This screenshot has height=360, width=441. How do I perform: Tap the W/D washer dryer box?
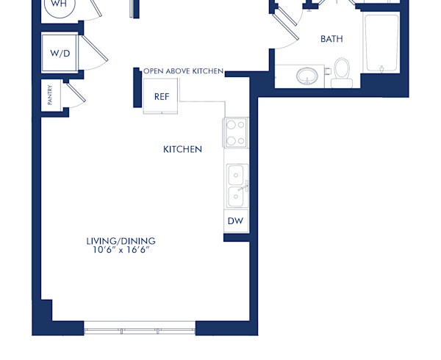59,54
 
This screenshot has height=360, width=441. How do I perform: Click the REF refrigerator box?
162,96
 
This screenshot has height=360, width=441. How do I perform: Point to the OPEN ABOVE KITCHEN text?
183,71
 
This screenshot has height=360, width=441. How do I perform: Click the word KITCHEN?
182,149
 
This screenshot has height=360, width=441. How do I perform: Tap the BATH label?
331,39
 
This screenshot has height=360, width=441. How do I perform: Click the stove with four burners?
235,132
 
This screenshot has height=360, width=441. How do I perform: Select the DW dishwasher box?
235,221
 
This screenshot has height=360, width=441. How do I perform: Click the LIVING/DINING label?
121,240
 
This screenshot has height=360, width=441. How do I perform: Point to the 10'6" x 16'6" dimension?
121,250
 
